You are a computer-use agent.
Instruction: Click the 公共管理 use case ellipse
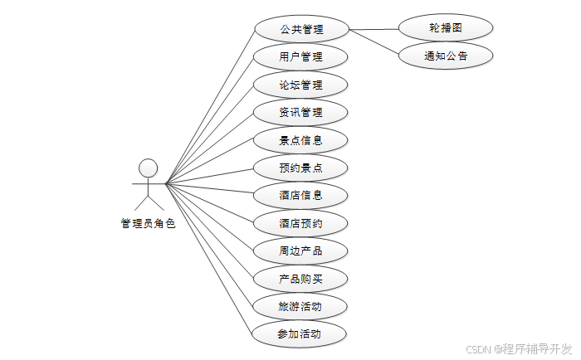pyautogui.click(x=300, y=30)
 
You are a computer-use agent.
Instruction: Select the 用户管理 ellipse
pyautogui.click(x=300, y=57)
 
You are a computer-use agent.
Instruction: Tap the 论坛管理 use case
pyautogui.click(x=300, y=85)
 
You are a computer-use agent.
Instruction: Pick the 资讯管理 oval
pyautogui.click(x=300, y=112)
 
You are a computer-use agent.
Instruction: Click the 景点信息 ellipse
pyautogui.click(x=300, y=140)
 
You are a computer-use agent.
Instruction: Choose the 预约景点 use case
pyautogui.click(x=300, y=168)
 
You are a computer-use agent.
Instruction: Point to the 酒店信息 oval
pyautogui.click(x=300, y=196)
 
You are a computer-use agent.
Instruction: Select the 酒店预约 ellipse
pyautogui.click(x=300, y=223)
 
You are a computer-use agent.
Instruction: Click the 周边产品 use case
pyautogui.click(x=300, y=251)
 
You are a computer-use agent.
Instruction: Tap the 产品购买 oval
pyautogui.click(x=300, y=279)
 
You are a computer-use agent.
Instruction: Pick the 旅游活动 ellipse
pyautogui.click(x=300, y=306)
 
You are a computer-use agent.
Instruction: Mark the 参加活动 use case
pyautogui.click(x=300, y=333)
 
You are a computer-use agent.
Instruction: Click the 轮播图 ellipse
pyautogui.click(x=446, y=27)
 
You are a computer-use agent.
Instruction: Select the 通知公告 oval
pyautogui.click(x=446, y=56)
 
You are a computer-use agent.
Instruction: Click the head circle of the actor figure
pyautogui.click(x=148, y=168)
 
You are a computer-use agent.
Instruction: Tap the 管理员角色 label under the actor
pyautogui.click(x=148, y=223)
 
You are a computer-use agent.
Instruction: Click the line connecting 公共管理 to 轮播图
pyautogui.click(x=373, y=29)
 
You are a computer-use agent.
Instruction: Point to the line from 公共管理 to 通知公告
pyautogui.click(x=373, y=41)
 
